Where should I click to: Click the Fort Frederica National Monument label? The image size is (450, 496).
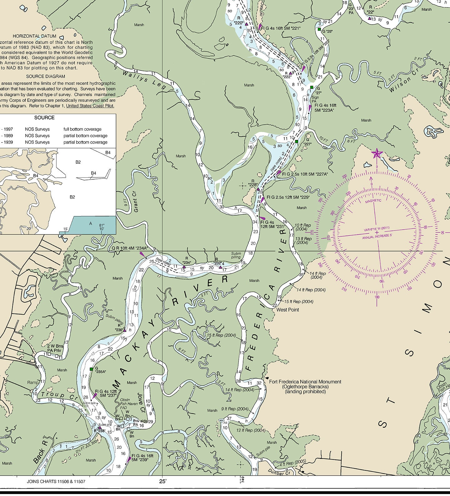pyautogui.click(x=305, y=382)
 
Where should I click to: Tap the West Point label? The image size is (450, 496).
pyautogui.click(x=287, y=310)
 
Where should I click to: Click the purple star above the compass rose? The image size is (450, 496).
pyautogui.click(x=377, y=153)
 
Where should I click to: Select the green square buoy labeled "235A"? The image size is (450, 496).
pyautogui.click(x=91, y=369)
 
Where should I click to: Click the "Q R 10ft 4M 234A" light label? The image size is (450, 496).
pyautogui.click(x=130, y=248)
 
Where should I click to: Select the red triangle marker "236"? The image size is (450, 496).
pyautogui.click(x=125, y=330)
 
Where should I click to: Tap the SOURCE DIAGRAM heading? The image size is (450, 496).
pyautogui.click(x=45, y=76)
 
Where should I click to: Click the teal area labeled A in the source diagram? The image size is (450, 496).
pyautogui.click(x=91, y=224)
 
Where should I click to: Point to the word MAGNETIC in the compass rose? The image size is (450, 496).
pyautogui.click(x=373, y=201)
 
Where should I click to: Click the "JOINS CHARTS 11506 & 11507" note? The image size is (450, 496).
pyautogui.click(x=56, y=481)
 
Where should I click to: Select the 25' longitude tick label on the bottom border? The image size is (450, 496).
pyautogui.click(x=162, y=481)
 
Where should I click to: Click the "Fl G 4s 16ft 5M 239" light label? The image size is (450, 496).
pyautogui.click(x=142, y=458)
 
